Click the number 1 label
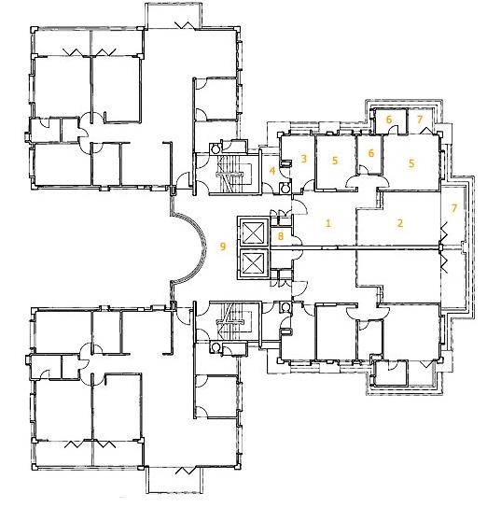click(328, 223)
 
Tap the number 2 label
click(400, 223)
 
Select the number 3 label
click(303, 159)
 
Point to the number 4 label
click(272, 171)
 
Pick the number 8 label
click(281, 236)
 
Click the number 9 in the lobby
click(223, 246)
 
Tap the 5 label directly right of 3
click(335, 160)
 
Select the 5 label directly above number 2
click(411, 163)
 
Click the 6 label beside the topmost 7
click(389, 120)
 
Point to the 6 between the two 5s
click(371, 153)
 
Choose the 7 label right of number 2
click(454, 208)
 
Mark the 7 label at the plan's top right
click(420, 120)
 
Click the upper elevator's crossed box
click(253, 232)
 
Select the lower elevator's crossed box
click(253, 262)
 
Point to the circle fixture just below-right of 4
click(284, 189)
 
